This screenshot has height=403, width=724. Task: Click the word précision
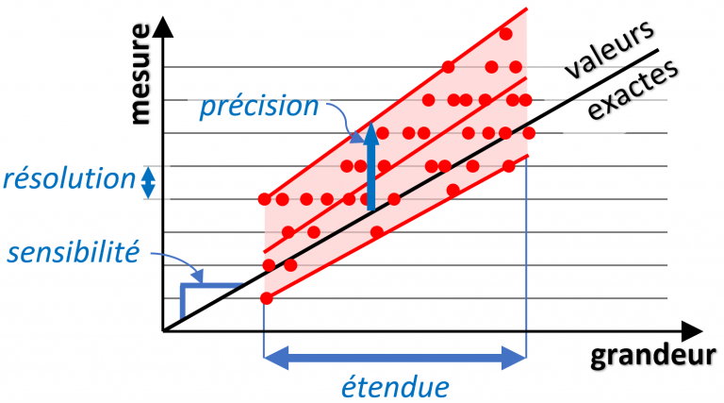coord(259,108)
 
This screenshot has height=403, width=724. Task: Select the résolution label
coord(69,179)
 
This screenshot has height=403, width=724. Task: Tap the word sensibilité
coord(74,252)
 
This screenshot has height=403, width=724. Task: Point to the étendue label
coord(395,387)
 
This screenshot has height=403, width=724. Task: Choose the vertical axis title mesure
coord(140,74)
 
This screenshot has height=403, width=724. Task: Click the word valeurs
coord(609,50)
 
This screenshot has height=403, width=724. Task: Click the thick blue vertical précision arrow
coord(370,166)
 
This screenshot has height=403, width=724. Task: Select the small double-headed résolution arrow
coord(148,182)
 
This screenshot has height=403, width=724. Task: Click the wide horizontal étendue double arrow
coord(395,358)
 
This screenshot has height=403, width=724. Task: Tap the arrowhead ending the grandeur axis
coord(692,331)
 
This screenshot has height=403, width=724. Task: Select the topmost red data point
coord(505,34)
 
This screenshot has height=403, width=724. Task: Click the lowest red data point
coord(267,298)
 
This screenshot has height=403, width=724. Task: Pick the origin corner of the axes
coord(163,331)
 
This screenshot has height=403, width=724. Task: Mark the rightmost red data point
coord(529,133)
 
